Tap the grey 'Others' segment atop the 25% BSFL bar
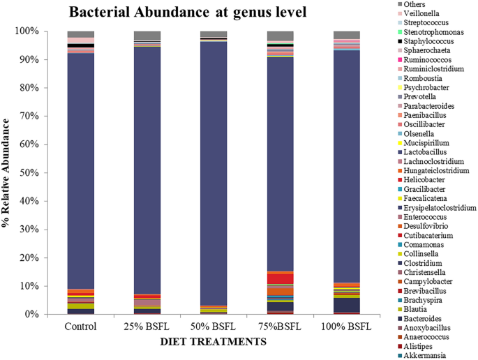[147, 36]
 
